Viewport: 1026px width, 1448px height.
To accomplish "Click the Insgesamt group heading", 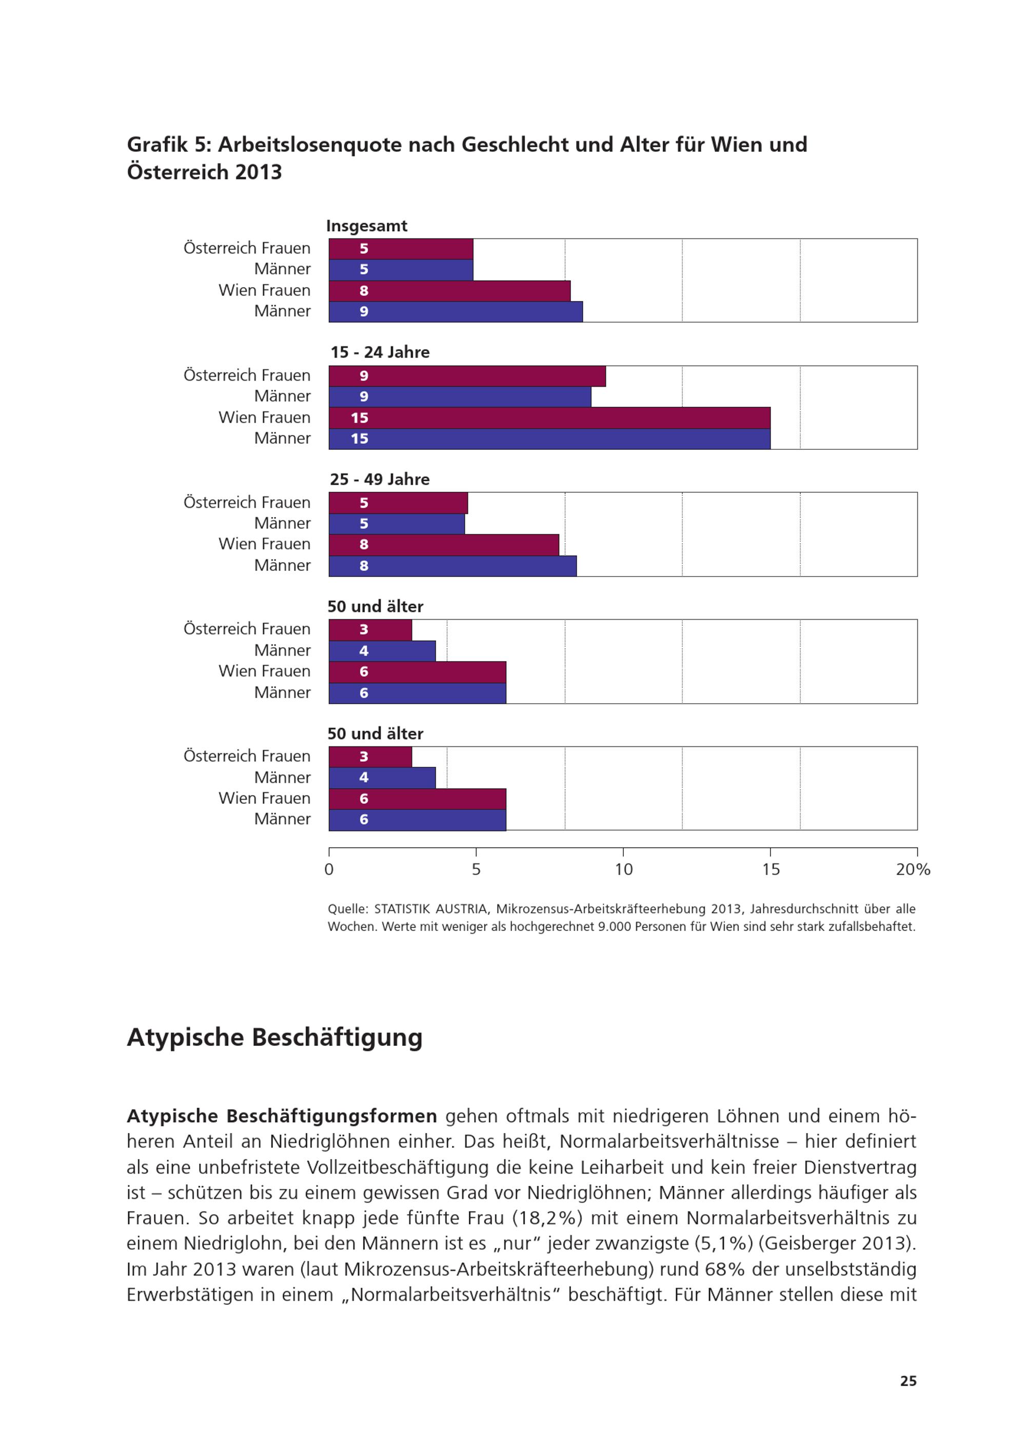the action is tap(366, 226).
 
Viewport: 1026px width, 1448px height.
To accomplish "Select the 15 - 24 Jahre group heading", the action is tap(380, 352).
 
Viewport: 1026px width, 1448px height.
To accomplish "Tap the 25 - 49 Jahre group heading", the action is tap(380, 480).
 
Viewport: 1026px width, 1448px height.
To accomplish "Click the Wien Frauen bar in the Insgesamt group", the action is tap(449, 291).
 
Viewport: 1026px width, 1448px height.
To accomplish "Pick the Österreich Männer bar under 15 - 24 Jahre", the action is tap(460, 396).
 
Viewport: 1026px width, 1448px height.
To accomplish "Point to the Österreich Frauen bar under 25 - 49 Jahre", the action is tap(398, 503).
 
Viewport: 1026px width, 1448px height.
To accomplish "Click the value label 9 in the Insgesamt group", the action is tap(364, 311).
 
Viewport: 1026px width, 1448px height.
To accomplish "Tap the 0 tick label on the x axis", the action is tap(329, 869).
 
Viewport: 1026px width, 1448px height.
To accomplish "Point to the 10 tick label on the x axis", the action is tap(624, 869).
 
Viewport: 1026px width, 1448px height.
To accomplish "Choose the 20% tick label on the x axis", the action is tap(913, 869).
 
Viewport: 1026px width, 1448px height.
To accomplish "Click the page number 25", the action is tap(909, 1381).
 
